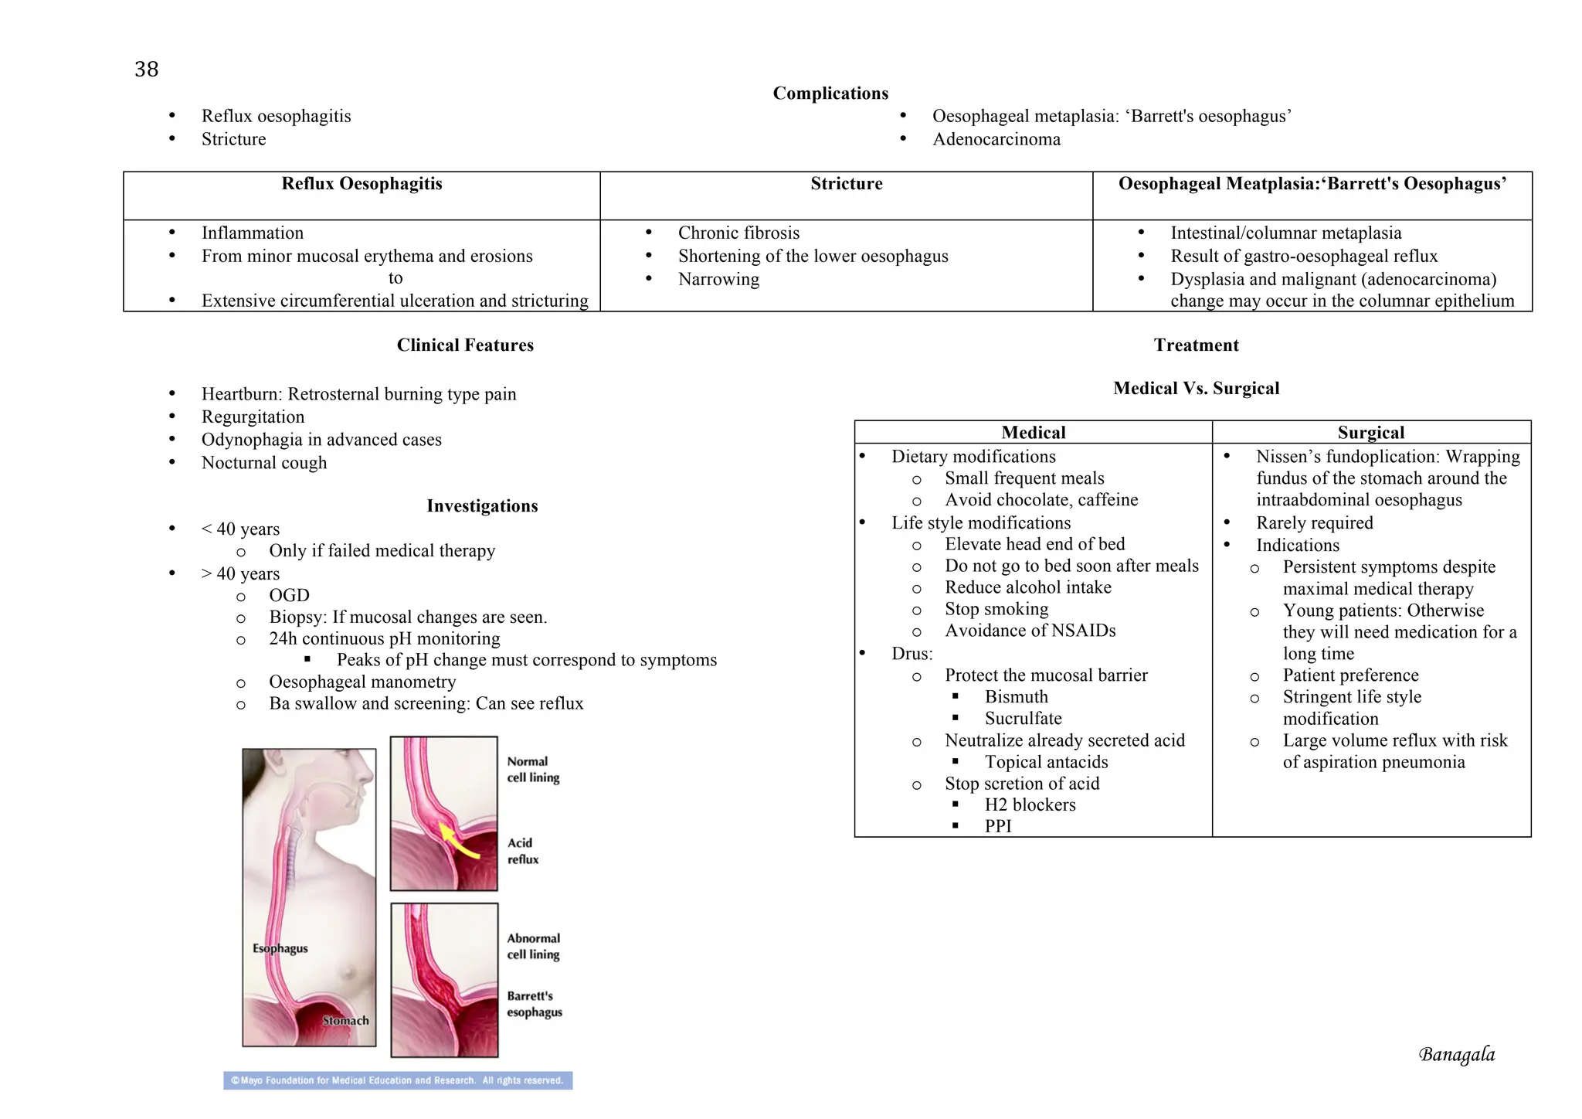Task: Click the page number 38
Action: (x=146, y=70)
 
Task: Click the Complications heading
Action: (x=830, y=94)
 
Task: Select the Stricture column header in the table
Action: (x=846, y=184)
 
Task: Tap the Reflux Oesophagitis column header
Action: (x=362, y=184)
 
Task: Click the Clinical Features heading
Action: (x=465, y=345)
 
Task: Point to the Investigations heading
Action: (x=482, y=506)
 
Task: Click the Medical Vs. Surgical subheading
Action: (x=1196, y=389)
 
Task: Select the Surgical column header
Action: (x=1370, y=433)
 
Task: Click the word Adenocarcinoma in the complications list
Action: (x=996, y=140)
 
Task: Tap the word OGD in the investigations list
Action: (x=289, y=596)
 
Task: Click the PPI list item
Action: (x=997, y=826)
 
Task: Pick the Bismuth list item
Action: (x=1016, y=697)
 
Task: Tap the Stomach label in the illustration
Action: (x=345, y=1021)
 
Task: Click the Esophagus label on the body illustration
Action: (x=280, y=949)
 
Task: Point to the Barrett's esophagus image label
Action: (x=534, y=1004)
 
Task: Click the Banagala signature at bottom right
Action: (x=1456, y=1055)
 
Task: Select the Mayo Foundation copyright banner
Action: (x=398, y=1080)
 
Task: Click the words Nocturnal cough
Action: (x=263, y=463)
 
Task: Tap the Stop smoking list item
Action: (x=996, y=610)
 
